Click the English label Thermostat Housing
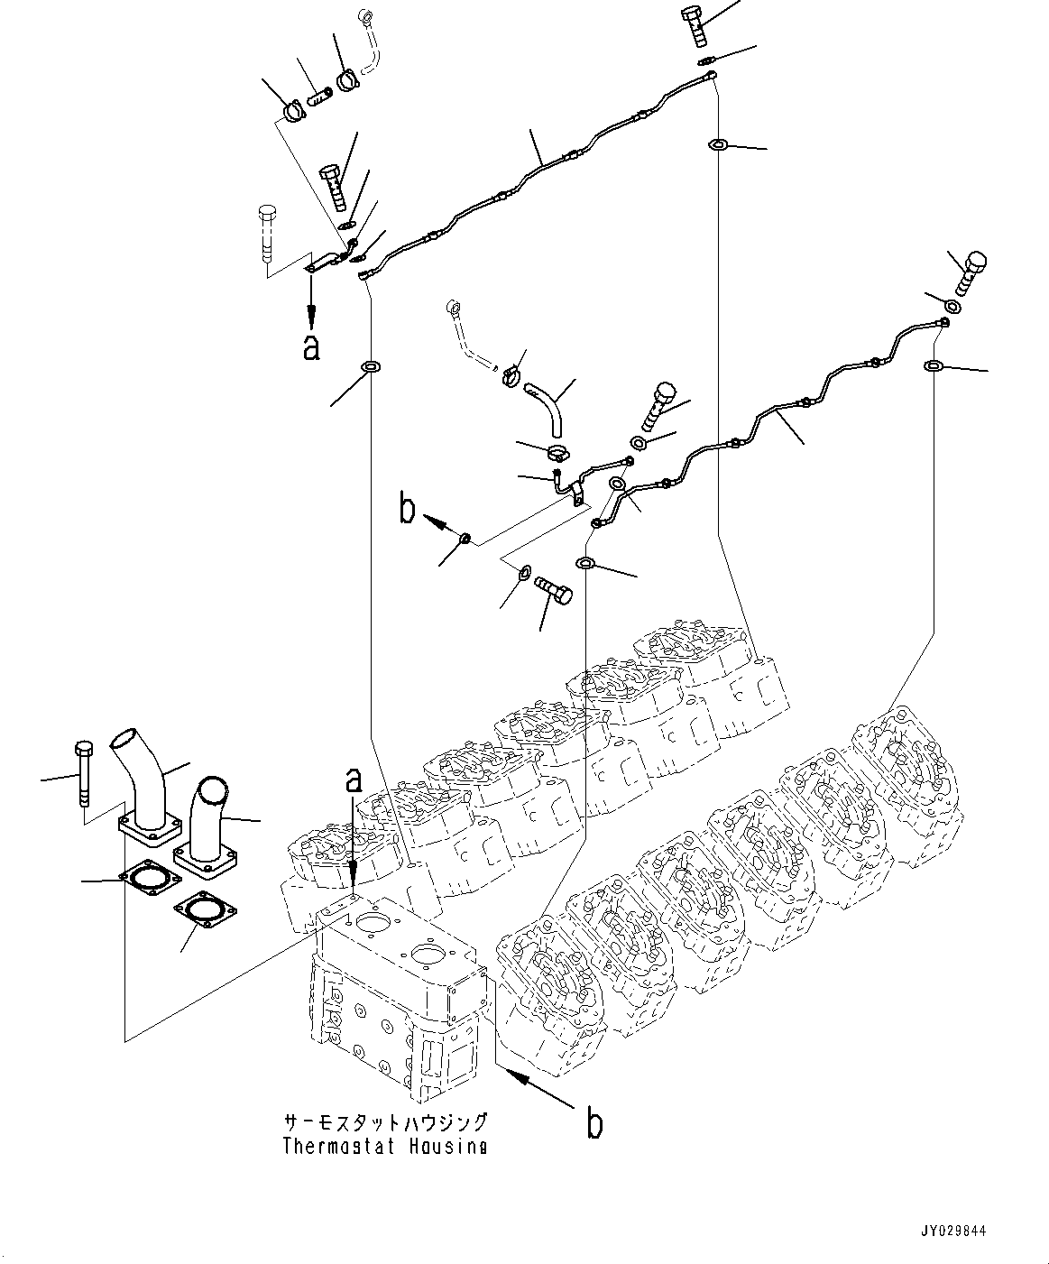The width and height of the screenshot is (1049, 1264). [385, 1147]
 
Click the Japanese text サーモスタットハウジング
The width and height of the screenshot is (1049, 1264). [385, 1122]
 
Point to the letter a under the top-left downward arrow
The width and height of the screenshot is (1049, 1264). [311, 347]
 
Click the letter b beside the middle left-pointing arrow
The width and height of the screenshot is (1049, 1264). [408, 510]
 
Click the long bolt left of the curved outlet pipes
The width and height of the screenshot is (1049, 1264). [82, 772]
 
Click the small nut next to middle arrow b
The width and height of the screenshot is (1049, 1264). [464, 540]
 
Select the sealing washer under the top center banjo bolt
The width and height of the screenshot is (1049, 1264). [706, 60]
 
